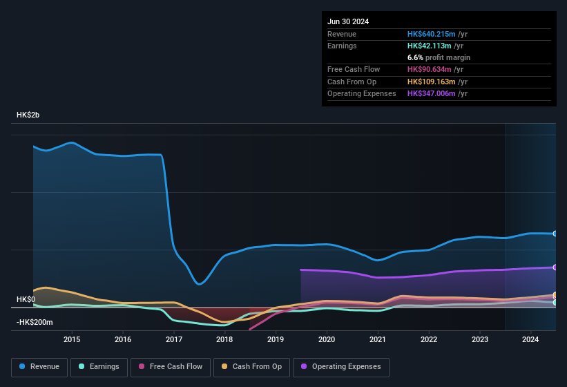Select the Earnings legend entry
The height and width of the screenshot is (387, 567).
coord(99,366)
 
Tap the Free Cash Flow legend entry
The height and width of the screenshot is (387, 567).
coord(171,366)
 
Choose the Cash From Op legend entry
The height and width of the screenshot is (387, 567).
coord(252,366)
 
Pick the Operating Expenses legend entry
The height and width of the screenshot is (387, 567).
coord(341,366)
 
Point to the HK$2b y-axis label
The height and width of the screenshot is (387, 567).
coord(28,115)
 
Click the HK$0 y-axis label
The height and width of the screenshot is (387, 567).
coord(26,299)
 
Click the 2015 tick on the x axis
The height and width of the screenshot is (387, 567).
coord(72,339)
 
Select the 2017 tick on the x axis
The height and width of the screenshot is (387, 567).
coord(174,339)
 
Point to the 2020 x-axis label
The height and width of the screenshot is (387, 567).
coord(327,339)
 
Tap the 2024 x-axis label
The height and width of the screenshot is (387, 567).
coord(530,339)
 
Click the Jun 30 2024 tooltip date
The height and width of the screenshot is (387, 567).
coord(348,21)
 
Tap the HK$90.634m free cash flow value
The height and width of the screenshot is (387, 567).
coord(430,69)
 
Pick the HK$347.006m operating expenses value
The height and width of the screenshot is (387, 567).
coord(432,93)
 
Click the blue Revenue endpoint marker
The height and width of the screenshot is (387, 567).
coord(555,234)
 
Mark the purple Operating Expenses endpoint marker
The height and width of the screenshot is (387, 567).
coord(555,267)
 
